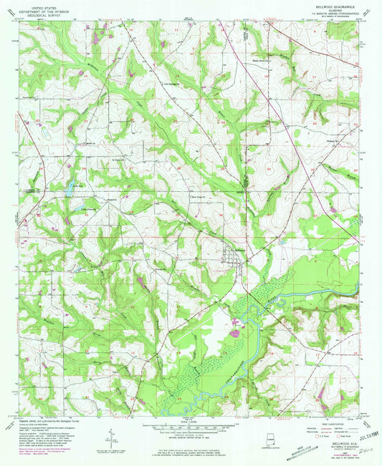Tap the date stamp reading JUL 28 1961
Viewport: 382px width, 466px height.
click(353, 432)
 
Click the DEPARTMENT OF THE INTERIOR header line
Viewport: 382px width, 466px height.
click(41, 9)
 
